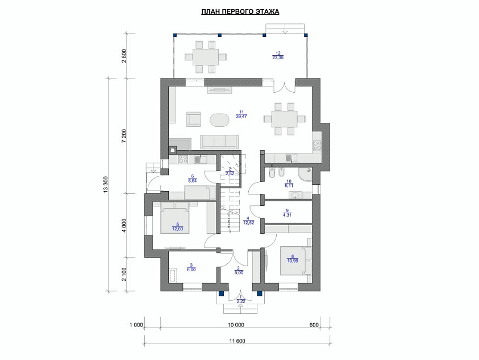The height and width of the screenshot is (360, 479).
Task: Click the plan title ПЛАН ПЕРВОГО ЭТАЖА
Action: tap(240, 12)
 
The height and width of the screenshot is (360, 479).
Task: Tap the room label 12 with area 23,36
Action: tap(278, 55)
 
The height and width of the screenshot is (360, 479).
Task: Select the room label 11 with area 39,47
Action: tap(241, 114)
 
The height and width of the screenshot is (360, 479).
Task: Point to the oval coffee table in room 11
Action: tap(219, 119)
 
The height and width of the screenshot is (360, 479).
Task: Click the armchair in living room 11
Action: tap(194, 119)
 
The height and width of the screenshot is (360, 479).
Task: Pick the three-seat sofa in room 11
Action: tap(220, 142)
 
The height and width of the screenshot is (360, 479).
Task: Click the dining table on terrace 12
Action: tap(205, 57)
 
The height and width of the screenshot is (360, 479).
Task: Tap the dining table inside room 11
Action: tap(285, 119)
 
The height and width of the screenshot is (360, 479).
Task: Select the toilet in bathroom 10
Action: tap(271, 173)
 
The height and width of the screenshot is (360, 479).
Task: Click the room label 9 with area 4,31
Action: tap(287, 213)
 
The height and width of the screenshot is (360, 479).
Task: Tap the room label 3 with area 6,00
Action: tap(191, 267)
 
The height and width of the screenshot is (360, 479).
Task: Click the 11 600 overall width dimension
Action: tap(237, 341)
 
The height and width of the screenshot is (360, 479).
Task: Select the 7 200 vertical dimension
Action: tap(124, 136)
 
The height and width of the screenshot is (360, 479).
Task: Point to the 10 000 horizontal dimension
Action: tap(236, 325)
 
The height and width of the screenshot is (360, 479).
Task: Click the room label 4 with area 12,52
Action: tap(248, 221)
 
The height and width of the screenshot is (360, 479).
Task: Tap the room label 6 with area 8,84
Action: tap(193, 179)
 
